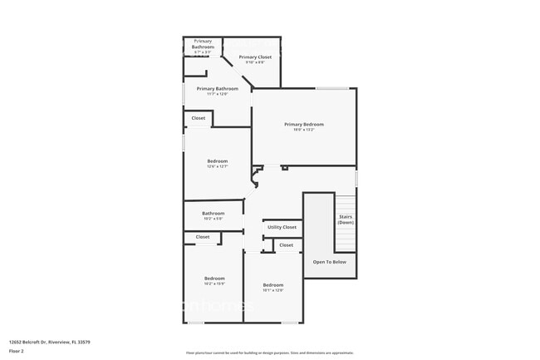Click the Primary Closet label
pos(255,57)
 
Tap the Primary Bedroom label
pos(304,125)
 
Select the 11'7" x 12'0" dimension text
pos(217,94)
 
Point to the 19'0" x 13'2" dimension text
pos(304,130)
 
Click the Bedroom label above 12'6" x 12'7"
pos(217,161)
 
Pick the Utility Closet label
pos(282,227)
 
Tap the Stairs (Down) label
pos(346,219)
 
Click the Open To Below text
pos(329,262)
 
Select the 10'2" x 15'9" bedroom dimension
pos(214,284)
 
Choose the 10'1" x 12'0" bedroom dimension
pos(273,290)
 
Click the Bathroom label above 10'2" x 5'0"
pos(214,214)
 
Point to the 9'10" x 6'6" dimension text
pos(255,62)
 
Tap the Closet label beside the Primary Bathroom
pos(199,118)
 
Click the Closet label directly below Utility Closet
pos(287,245)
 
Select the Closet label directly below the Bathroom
pos(203,237)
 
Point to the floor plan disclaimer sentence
pos(269,353)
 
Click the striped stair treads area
pos(346,235)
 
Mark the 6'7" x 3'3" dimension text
pos(203,52)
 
